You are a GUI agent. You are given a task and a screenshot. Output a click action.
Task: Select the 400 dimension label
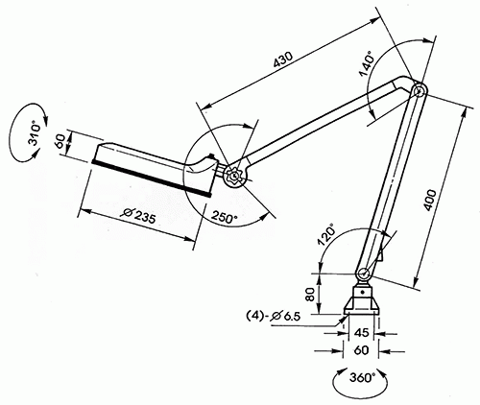click(438, 202)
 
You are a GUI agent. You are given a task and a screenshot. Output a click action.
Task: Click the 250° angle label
click(227, 213)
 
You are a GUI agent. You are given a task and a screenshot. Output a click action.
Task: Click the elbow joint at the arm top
click(419, 89)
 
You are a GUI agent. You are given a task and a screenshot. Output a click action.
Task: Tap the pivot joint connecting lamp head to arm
click(234, 177)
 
